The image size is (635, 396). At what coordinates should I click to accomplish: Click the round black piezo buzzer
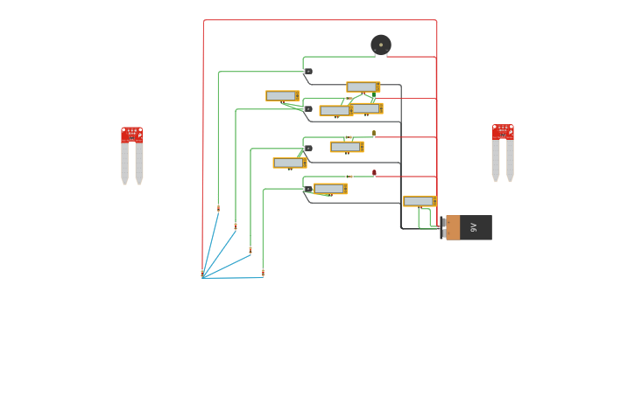(x=381, y=45)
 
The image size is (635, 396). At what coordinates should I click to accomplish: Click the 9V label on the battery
(x=474, y=227)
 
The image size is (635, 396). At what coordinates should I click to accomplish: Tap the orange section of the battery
(x=453, y=227)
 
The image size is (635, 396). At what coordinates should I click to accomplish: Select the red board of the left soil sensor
(x=131, y=135)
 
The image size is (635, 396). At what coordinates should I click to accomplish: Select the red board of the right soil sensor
(x=503, y=132)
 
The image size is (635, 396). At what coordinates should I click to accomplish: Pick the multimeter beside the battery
(x=420, y=201)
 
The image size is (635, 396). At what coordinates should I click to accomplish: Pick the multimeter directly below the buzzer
(x=363, y=87)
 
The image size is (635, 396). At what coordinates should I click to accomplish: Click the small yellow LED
(x=374, y=134)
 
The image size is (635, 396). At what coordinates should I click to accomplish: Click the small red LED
(x=374, y=173)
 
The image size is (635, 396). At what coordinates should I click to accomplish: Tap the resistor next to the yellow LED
(x=349, y=137)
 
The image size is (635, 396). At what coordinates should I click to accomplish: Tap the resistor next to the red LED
(x=348, y=177)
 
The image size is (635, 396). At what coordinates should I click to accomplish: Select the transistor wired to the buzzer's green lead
(x=307, y=71)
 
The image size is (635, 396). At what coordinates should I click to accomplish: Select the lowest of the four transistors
(x=307, y=189)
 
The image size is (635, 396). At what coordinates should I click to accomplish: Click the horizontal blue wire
(x=232, y=278)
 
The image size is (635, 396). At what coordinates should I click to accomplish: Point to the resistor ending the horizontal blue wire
(x=263, y=273)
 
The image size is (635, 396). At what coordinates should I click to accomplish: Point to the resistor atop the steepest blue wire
(x=218, y=208)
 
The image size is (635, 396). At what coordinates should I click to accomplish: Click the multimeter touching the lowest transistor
(x=330, y=189)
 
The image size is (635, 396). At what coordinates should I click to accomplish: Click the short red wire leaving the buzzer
(x=412, y=57)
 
